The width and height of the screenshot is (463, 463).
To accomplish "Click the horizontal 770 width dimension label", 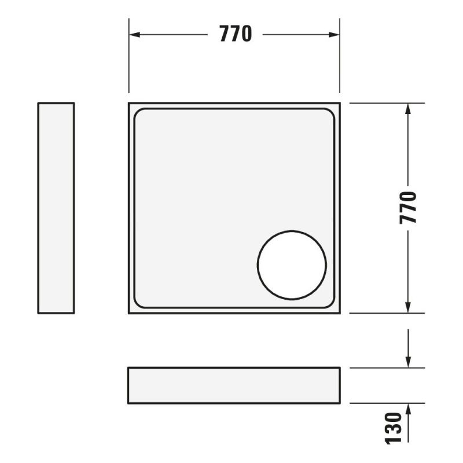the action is pyautogui.click(x=236, y=34).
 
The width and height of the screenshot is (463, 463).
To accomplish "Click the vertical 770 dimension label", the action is pyautogui.click(x=408, y=208).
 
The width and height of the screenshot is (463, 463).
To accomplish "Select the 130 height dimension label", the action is pyautogui.click(x=394, y=428).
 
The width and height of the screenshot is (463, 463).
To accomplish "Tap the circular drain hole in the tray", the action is pyautogui.click(x=292, y=265).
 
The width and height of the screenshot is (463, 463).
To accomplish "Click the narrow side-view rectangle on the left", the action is pyautogui.click(x=56, y=208).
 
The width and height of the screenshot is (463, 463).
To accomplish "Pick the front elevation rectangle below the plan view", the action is pyautogui.click(x=234, y=385).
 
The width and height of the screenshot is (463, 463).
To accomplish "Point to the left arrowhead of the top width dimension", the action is pyautogui.click(x=134, y=35).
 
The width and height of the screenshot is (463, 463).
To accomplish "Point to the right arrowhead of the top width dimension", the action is pyautogui.click(x=334, y=35).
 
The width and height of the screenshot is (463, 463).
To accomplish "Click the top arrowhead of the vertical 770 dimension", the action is pyautogui.click(x=408, y=109).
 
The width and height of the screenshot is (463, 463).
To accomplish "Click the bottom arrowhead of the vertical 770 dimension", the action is pyautogui.click(x=408, y=307).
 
